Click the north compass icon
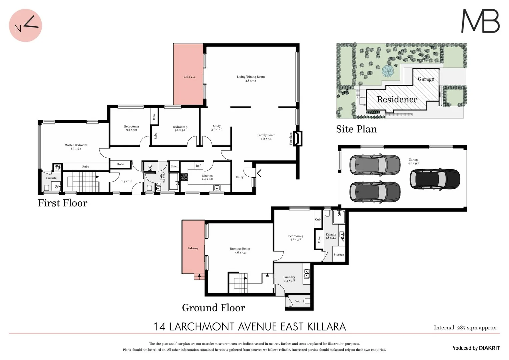(25, 26)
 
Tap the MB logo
(480, 21)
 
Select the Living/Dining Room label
(251, 78)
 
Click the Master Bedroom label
(76, 147)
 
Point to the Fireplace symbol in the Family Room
(297, 138)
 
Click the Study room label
(217, 128)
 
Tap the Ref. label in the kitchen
(199, 166)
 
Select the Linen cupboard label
(174, 166)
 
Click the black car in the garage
(435, 179)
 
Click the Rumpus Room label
(240, 250)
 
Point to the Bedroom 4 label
(295, 237)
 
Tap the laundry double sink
(307, 274)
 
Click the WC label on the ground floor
(298, 301)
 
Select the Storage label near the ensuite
(339, 255)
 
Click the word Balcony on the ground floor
(193, 248)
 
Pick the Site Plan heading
(356, 129)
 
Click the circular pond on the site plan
(388, 70)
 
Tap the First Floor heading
(62, 203)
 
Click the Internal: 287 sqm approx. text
(465, 328)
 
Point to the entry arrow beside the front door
(259, 173)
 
